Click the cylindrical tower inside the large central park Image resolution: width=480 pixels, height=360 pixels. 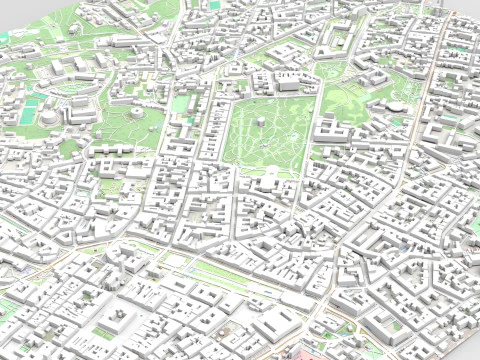263,122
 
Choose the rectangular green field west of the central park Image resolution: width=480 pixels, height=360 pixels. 181,103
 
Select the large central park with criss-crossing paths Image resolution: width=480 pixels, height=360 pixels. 265,135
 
